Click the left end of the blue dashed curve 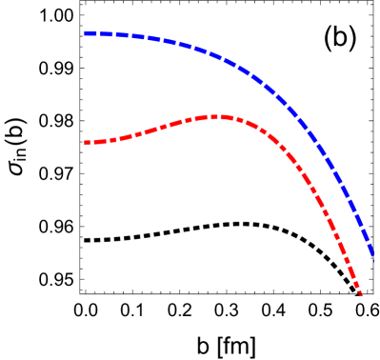pyautogui.click(x=85, y=33)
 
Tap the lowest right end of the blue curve pyautogui.click(x=372, y=255)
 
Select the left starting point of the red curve pyautogui.click(x=85, y=143)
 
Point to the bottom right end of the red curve pyautogui.click(x=361, y=294)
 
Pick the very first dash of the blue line pyautogui.click(x=89, y=33)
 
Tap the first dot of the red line pyautogui.click(x=86, y=143)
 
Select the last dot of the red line pyautogui.click(x=360, y=292)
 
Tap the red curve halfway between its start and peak pyautogui.click(x=152, y=129)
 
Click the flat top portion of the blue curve pyautogui.click(x=124, y=35)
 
